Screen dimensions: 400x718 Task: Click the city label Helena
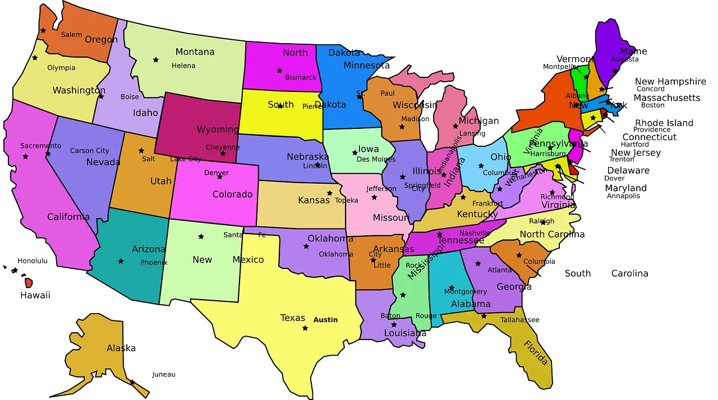183,66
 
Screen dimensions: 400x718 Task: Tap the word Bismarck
301,77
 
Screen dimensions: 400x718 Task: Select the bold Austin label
325,320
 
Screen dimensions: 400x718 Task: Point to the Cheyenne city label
223,147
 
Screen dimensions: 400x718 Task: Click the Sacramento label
40,146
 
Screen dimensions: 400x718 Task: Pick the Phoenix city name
154,262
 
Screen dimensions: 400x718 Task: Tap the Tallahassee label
519,320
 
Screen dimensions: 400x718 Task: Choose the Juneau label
163,374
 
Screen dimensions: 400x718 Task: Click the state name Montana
195,52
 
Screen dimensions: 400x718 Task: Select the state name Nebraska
307,157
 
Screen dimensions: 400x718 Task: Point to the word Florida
536,352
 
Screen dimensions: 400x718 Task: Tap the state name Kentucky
477,214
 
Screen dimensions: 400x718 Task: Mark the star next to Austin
305,328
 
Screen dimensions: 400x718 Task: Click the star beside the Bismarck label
279,71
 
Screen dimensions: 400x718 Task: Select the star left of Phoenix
121,261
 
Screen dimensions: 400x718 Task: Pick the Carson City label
90,151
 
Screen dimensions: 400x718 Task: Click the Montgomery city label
466,291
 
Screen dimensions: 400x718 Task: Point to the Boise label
130,97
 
